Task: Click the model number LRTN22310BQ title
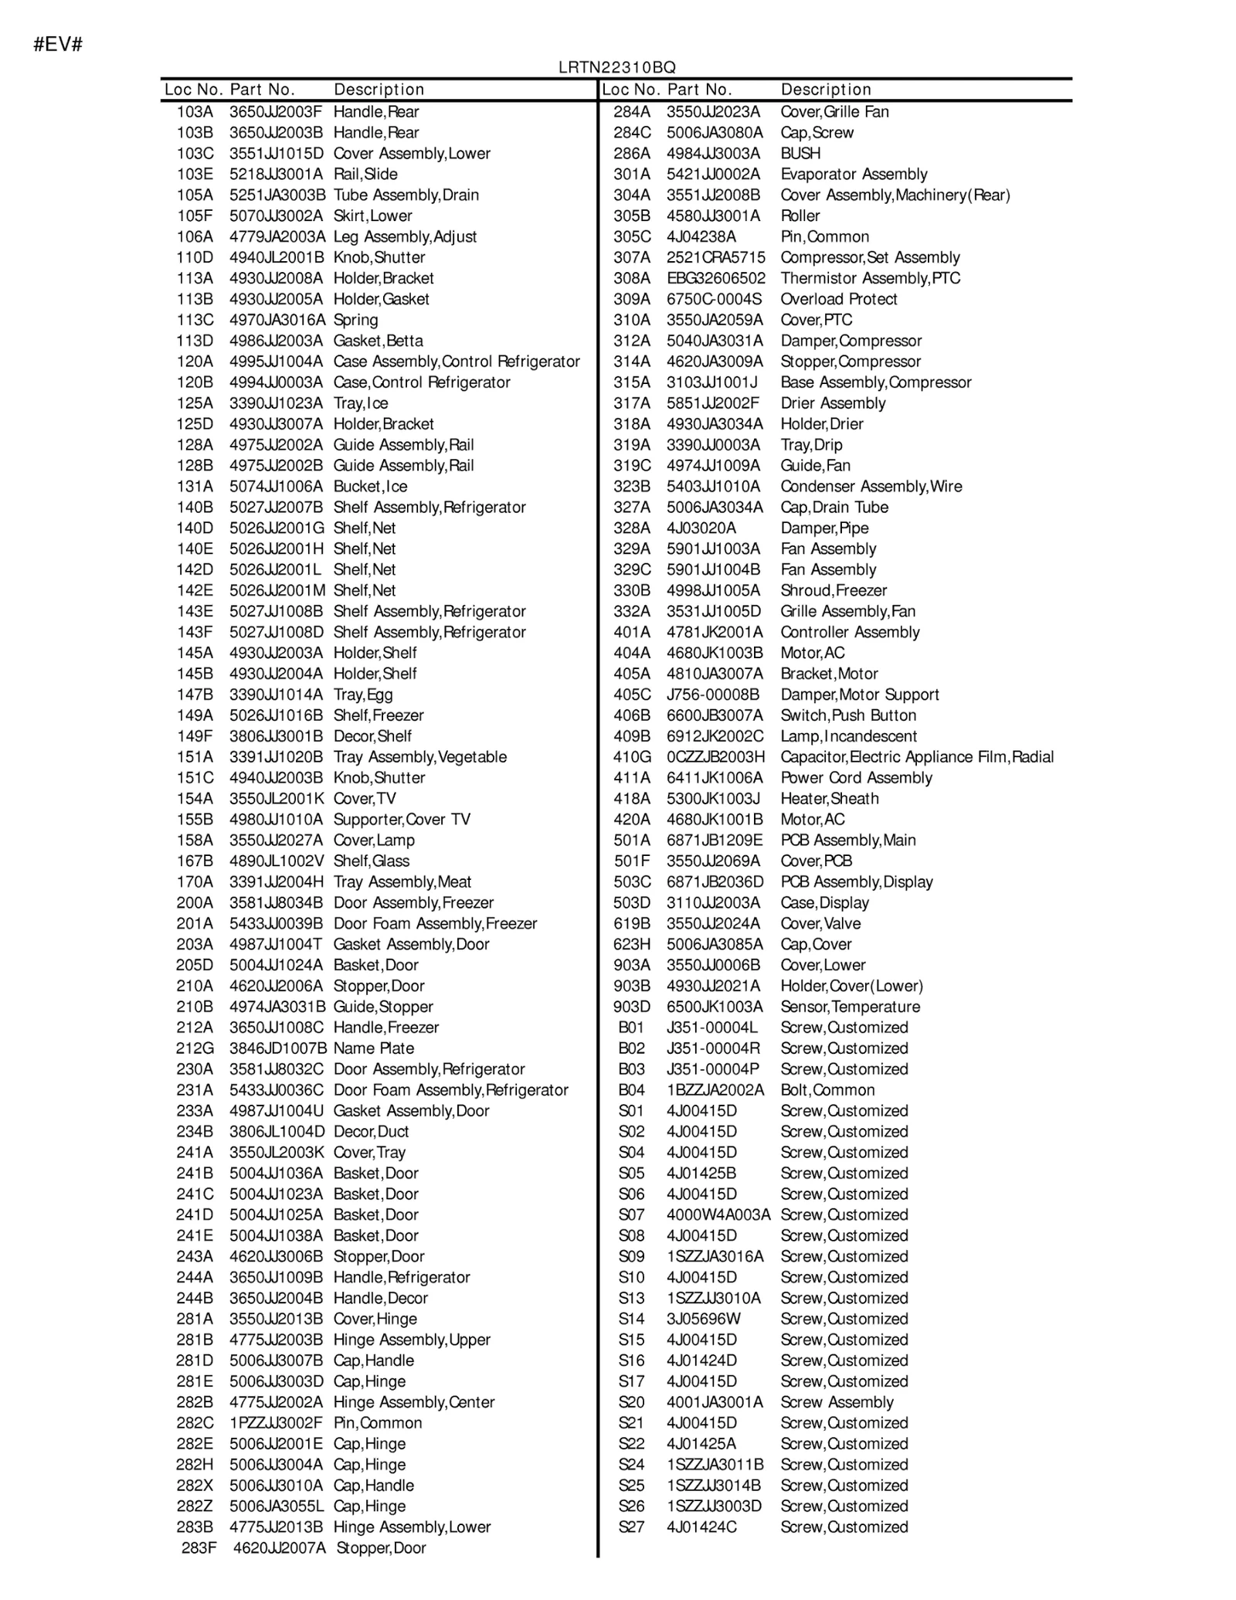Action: click(617, 68)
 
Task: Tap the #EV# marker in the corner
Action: click(58, 45)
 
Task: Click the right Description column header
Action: click(825, 90)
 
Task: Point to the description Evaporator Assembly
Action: click(854, 174)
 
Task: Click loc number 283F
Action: click(199, 1547)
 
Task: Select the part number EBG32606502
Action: click(716, 278)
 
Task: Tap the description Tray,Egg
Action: click(363, 695)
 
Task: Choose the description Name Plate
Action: click(374, 1048)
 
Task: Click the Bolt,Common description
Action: click(827, 1090)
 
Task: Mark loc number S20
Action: click(631, 1402)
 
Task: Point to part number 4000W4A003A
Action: click(718, 1214)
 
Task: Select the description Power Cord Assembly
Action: click(856, 778)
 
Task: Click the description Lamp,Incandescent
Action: click(848, 736)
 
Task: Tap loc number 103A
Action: click(195, 111)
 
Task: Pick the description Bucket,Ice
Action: click(370, 486)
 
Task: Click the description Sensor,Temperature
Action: click(850, 1007)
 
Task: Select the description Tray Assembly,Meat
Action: click(402, 882)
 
